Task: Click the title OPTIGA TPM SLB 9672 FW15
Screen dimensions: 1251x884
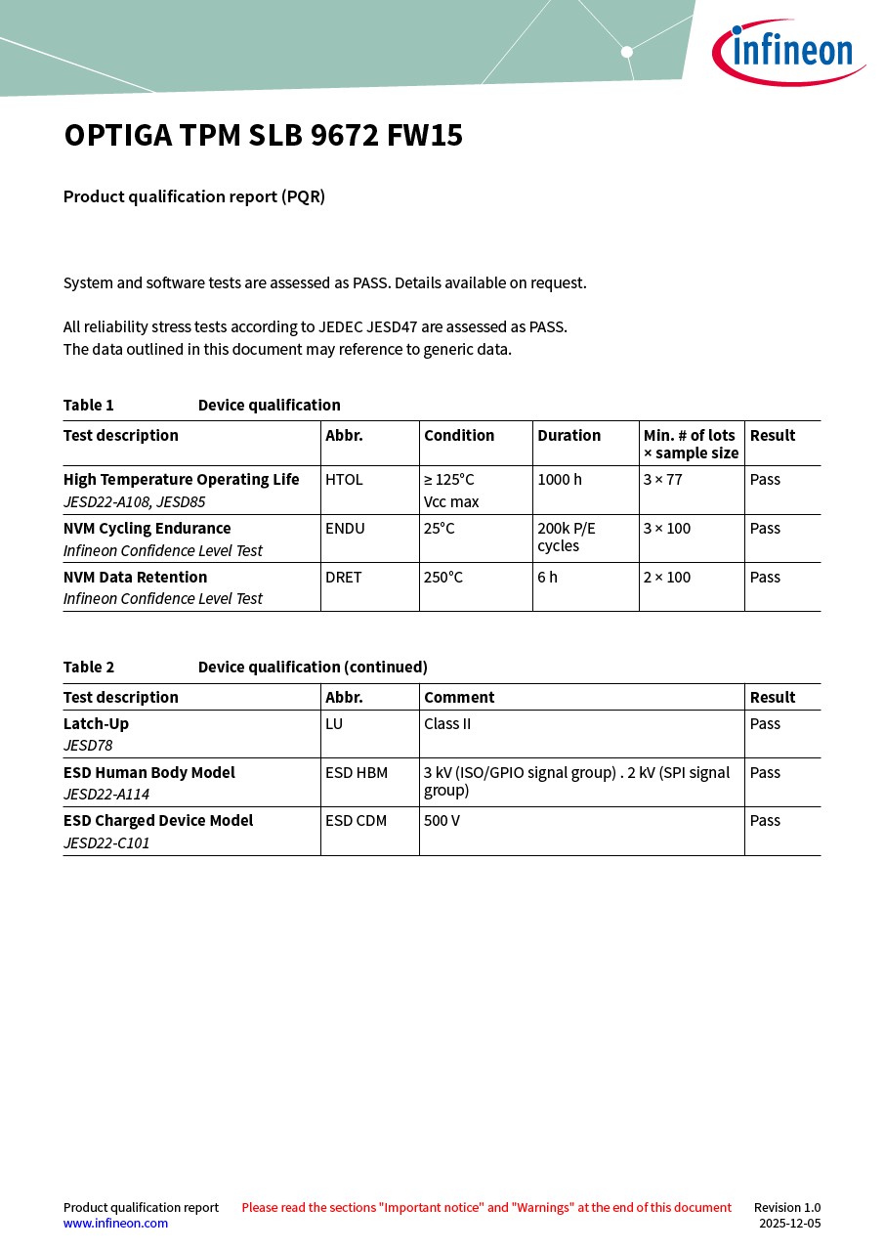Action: coord(263,136)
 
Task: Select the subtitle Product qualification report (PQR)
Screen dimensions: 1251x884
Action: coord(193,196)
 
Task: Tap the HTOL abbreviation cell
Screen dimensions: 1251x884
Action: coord(344,480)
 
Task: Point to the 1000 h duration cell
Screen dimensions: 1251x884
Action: coord(560,480)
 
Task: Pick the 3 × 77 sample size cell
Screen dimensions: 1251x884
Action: coord(662,480)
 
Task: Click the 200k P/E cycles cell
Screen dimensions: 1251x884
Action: coord(566,537)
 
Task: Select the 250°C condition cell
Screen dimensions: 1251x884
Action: coord(443,578)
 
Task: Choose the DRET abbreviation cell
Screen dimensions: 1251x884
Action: coord(344,578)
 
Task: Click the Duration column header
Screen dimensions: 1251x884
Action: coord(568,436)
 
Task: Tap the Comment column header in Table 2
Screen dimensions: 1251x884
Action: coord(459,698)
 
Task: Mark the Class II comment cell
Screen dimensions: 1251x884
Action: coord(447,724)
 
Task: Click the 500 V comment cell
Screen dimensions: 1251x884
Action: coord(442,821)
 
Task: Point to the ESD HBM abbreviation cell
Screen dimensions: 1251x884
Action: coord(357,773)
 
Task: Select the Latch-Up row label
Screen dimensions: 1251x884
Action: coord(96,724)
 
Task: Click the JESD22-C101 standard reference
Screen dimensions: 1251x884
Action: coord(106,842)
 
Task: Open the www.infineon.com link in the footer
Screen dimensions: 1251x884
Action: coord(115,1223)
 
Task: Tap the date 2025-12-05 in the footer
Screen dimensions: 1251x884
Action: coord(789,1223)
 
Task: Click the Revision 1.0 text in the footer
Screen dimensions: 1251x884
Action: coord(786,1208)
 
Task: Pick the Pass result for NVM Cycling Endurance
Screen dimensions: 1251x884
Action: coord(765,529)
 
